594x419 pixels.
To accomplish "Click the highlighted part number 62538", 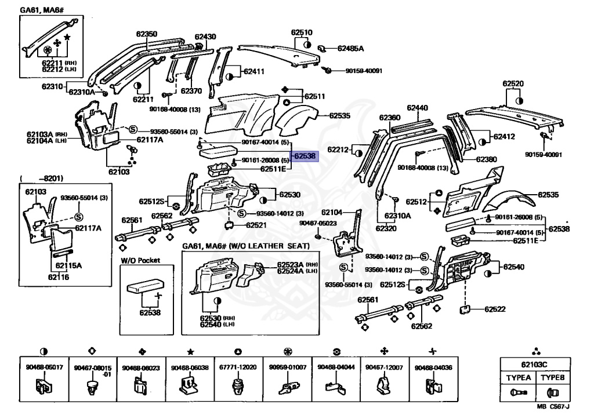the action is tap(305, 156).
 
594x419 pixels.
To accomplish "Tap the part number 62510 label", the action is tap(302, 32).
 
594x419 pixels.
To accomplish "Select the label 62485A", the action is tap(350, 49).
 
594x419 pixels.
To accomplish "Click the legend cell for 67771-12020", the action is tap(238, 378).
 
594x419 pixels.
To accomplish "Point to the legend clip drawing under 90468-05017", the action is tap(44, 387).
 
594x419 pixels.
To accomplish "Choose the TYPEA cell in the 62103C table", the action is tap(518, 385).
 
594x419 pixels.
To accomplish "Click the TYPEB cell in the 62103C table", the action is tap(553, 385).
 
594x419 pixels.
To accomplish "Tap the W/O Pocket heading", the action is tap(140, 260).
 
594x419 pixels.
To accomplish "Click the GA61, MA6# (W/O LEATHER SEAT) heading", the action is tap(246, 246).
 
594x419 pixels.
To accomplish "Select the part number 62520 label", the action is tap(513, 83).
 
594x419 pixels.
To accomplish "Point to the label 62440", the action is tap(417, 108).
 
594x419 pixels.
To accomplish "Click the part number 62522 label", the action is tap(495, 309).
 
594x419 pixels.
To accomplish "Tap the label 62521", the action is tap(256, 225).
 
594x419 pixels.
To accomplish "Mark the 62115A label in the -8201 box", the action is tap(68, 265).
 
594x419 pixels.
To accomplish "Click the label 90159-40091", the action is tap(543, 154).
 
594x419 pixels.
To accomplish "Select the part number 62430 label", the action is tap(205, 37).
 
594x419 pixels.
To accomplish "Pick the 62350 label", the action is tap(147, 34).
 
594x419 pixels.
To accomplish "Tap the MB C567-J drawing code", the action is tap(553, 406).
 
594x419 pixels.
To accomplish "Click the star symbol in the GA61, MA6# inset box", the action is tap(67, 37).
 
